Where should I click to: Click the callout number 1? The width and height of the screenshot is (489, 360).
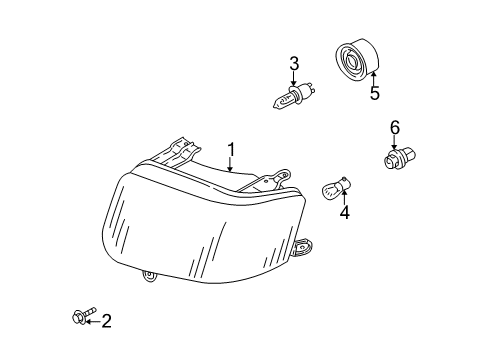tap(231, 150)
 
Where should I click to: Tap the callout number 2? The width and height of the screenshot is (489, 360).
tap(106, 321)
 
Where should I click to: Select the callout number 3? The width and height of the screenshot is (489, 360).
tap(294, 64)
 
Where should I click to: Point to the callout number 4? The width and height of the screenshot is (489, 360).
tap(345, 212)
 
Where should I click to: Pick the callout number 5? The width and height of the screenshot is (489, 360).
tap(375, 93)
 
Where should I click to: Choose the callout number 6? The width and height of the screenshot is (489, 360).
tap(395, 128)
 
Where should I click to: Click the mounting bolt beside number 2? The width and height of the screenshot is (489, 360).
tap(82, 315)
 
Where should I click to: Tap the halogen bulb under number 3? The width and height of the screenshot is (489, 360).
tap(294, 96)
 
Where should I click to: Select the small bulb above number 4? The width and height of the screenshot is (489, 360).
tap(336, 188)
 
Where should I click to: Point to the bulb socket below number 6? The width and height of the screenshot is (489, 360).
tap(399, 159)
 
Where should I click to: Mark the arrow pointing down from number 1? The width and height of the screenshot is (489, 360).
tap(230, 165)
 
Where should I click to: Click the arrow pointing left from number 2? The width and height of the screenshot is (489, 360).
tap(93, 322)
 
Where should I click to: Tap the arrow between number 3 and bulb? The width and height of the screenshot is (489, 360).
tap(294, 79)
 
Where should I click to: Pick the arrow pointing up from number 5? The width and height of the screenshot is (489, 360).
tap(374, 78)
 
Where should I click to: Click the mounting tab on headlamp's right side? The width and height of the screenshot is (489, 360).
tap(302, 248)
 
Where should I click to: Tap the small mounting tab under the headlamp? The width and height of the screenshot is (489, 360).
tap(149, 277)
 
